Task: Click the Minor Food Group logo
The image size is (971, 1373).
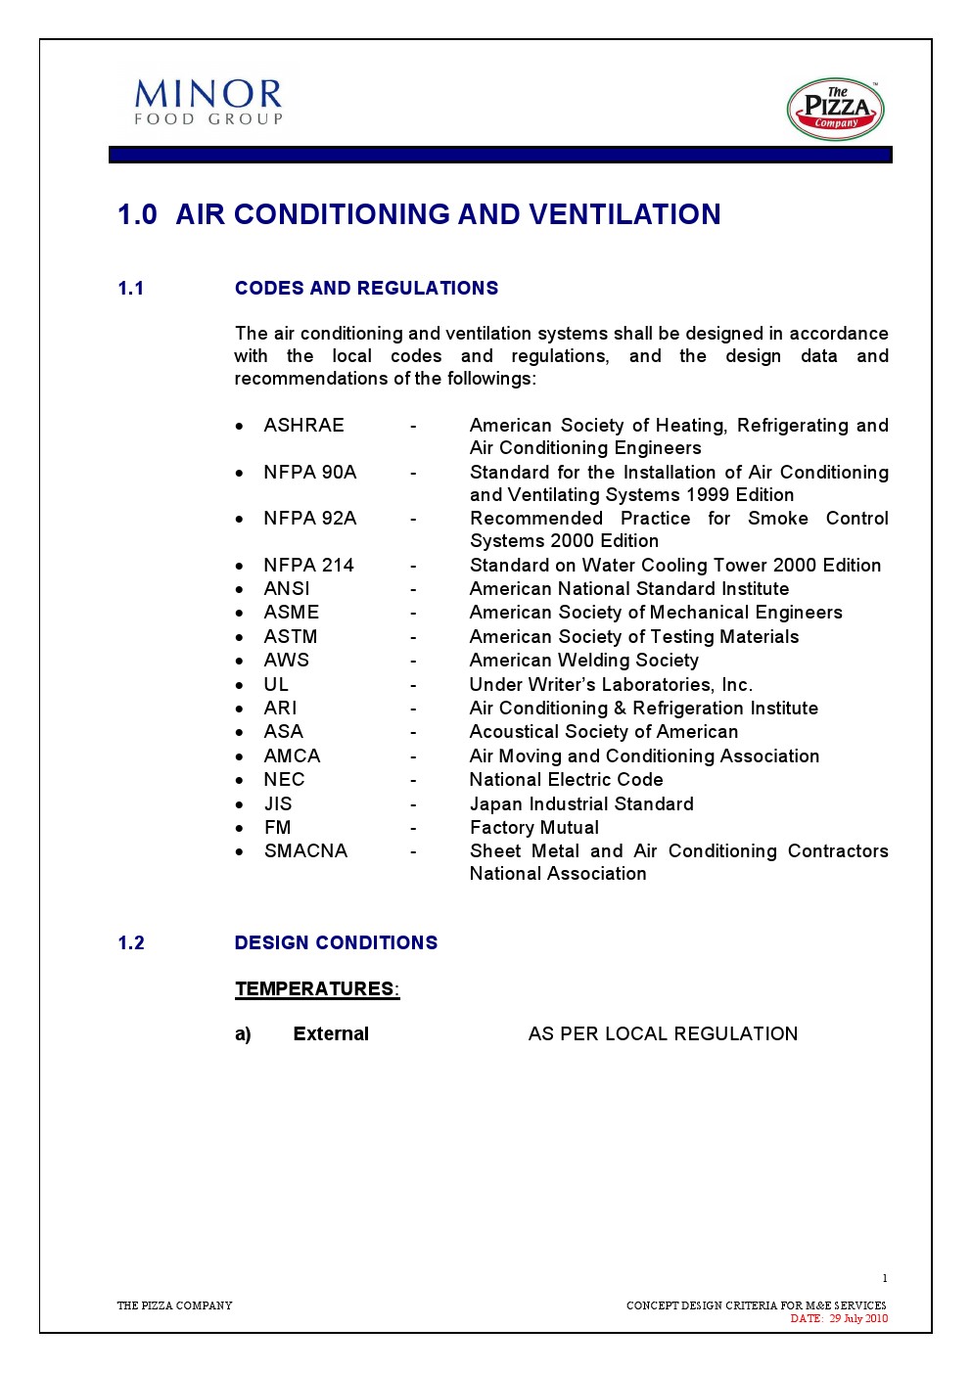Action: pos(208,102)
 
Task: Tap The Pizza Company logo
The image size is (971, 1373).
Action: pos(835,110)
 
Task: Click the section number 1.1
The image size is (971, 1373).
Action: pos(131,288)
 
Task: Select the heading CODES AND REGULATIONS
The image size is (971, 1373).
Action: pos(366,288)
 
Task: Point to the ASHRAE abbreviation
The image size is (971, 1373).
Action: pos(303,425)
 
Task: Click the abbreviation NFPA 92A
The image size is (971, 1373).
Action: pos(309,518)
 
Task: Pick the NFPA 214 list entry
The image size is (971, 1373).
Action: pos(308,565)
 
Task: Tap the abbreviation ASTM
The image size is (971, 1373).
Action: pos(291,636)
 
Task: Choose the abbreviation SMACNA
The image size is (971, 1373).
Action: pos(305,850)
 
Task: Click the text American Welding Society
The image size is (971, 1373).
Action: pos(583,661)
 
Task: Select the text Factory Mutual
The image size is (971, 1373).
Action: pos(533,827)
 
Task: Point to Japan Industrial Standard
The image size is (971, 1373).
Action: pos(581,803)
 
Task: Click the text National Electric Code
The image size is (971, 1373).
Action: pos(566,779)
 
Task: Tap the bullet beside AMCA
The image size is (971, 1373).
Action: pos(240,756)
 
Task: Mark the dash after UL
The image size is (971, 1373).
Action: pos(413,685)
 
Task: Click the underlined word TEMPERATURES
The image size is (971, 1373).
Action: pos(314,988)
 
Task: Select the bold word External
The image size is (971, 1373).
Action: pos(331,1033)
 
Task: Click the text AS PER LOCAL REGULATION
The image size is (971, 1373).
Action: pos(663,1033)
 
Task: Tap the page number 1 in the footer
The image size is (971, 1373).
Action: pos(885,1278)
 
